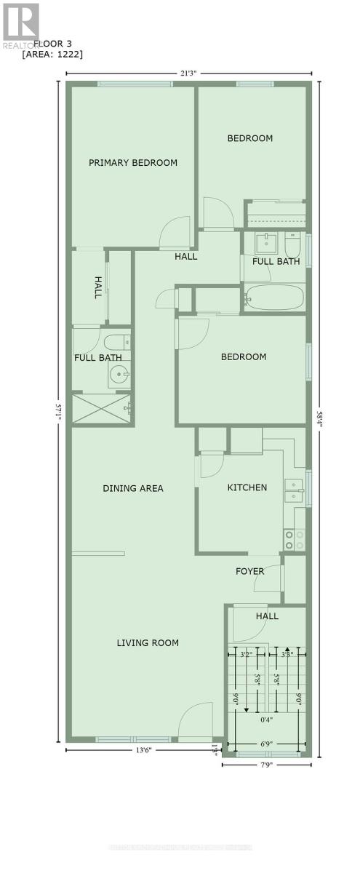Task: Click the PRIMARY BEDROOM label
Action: point(133,162)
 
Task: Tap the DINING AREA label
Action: point(132,488)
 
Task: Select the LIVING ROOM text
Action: point(148,642)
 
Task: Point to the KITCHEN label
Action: point(247,487)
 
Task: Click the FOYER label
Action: point(249,571)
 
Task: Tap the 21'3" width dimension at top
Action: point(189,73)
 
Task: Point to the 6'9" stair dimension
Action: point(266,744)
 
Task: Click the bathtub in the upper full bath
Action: point(274,298)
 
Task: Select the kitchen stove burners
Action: point(294,539)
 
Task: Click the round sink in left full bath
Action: point(119,376)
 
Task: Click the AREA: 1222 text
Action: point(52,54)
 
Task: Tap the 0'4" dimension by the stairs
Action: point(266,720)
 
